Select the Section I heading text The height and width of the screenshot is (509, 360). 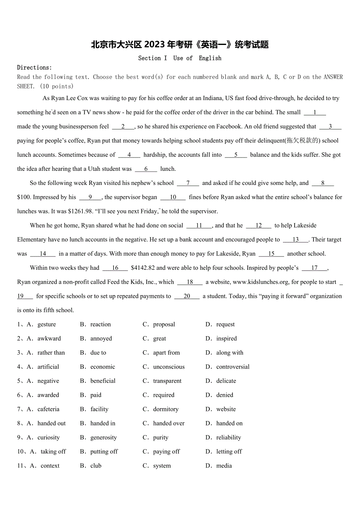[153, 58]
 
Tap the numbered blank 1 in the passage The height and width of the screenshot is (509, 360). [315, 113]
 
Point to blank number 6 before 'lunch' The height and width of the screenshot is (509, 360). [146, 169]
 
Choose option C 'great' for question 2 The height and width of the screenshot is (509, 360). [160, 339]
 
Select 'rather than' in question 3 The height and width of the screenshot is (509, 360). [51, 353]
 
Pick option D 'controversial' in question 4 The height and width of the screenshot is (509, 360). [233, 367]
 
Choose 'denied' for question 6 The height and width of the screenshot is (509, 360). [225, 395]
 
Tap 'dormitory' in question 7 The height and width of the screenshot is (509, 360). [166, 409]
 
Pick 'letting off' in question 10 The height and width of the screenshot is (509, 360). [229, 452]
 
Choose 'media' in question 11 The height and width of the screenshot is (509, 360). [224, 466]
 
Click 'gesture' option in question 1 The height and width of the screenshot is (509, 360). [47, 324]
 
